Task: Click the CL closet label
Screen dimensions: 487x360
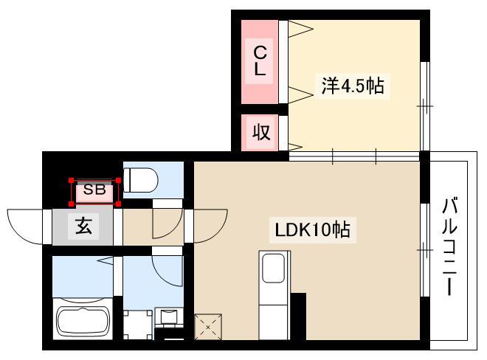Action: (x=260, y=61)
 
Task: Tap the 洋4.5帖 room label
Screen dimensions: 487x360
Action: (x=353, y=86)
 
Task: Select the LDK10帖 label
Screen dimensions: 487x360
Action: (x=312, y=230)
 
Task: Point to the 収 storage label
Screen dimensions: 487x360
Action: (x=260, y=132)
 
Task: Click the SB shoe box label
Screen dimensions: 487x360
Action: (x=94, y=190)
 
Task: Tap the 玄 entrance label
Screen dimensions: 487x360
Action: (x=83, y=226)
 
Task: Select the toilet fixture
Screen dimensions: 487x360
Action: (x=141, y=180)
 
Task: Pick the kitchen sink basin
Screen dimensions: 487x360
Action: (x=273, y=268)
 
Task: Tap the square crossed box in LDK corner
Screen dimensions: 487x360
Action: (x=208, y=327)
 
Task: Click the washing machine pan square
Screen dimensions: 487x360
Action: (x=138, y=325)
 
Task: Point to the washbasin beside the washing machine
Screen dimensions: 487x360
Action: (x=169, y=316)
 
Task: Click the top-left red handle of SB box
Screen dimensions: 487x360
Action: (x=71, y=180)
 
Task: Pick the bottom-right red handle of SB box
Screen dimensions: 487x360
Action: (x=118, y=204)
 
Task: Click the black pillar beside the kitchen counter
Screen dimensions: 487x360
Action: (x=299, y=316)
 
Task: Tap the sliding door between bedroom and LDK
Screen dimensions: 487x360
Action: (x=354, y=156)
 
